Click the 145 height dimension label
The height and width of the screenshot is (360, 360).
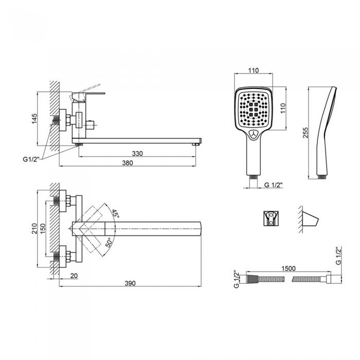click(34, 118)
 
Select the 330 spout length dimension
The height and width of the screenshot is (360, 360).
click(137, 153)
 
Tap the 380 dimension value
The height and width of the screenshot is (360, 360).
click(128, 163)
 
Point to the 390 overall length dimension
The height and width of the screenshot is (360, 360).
click(130, 283)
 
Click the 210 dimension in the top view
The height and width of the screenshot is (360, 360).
click(34, 228)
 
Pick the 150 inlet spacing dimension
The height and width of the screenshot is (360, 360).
click(43, 229)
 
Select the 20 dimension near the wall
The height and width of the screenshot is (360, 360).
click(74, 276)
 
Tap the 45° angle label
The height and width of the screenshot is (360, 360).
click(116, 214)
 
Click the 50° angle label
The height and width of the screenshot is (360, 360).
click(109, 242)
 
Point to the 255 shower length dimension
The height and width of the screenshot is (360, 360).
click(305, 133)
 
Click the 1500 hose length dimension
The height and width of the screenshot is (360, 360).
click(289, 268)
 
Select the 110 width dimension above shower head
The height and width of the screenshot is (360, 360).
click(254, 70)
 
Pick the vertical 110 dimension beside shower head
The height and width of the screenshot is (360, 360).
click(283, 108)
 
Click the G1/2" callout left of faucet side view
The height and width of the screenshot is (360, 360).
click(31, 159)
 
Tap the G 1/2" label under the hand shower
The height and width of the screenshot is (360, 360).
click(273, 185)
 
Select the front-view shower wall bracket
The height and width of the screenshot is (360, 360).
click(271, 218)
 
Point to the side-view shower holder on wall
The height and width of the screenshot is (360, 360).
click(310, 219)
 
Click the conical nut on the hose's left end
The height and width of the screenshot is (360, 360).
click(253, 279)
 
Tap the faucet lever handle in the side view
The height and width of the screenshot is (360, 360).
click(88, 97)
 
